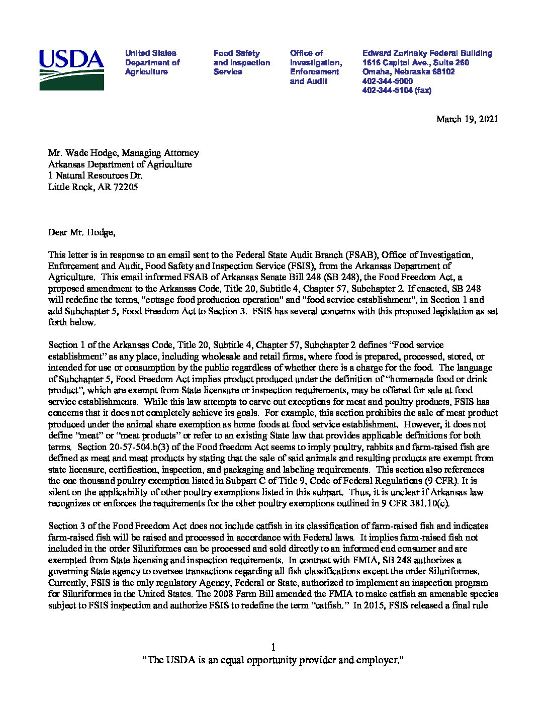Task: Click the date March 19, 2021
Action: click(467, 119)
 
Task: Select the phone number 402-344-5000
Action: click(388, 81)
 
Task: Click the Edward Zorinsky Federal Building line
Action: click(427, 53)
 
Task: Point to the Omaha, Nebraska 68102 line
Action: click(408, 71)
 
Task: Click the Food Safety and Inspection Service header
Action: click(241, 62)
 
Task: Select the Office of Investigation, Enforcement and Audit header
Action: click(316, 67)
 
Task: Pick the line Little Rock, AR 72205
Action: click(93, 187)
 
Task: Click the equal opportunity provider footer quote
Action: click(273, 660)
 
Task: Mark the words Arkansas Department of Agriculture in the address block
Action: click(120, 164)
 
